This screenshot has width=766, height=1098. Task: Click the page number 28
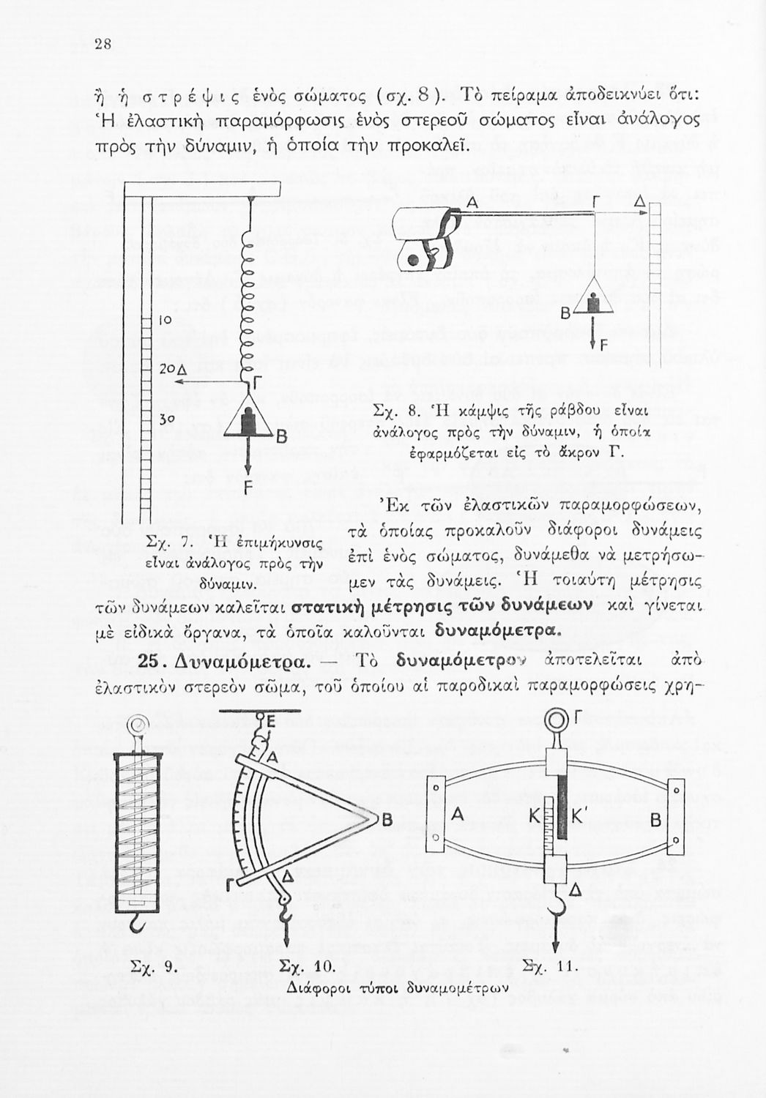(x=102, y=43)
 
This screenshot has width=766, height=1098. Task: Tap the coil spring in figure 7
(x=250, y=293)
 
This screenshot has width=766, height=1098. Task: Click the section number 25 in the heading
(x=149, y=661)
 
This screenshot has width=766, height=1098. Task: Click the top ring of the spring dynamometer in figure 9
(x=136, y=725)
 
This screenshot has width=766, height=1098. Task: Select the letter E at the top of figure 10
(x=271, y=720)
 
